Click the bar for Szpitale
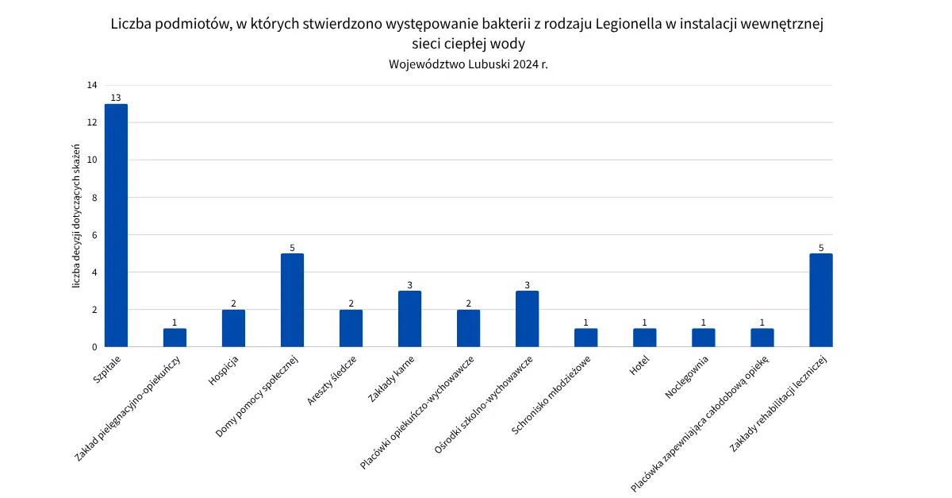pos(116,226)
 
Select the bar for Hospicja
pos(233,328)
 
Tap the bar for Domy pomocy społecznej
pos(292,300)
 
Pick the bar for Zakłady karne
pos(409,318)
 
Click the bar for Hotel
pos(644,338)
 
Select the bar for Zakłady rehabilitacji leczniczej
pos(820,300)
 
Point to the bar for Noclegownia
pos(703,338)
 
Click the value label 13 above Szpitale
pos(116,98)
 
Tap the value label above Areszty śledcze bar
pos(351,303)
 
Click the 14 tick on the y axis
pos(92,85)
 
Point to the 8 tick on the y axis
pos(94,197)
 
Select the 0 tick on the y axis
pos(94,347)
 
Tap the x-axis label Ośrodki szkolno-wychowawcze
pos(484,403)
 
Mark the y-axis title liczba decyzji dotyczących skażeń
pos(77,216)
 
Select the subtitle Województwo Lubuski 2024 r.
pos(468,64)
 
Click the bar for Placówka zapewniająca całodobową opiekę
pos(762,338)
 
